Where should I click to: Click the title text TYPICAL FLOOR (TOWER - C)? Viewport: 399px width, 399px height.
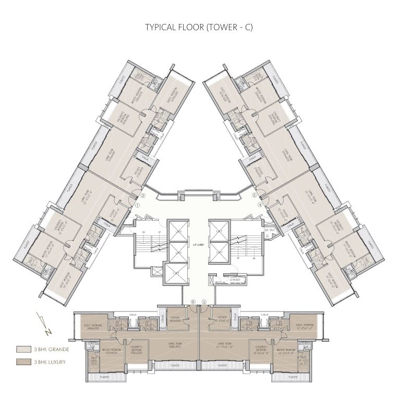tap(199, 28)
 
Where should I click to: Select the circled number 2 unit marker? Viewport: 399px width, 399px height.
tap(143, 196)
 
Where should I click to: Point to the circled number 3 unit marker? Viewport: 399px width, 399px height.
tap(255, 195)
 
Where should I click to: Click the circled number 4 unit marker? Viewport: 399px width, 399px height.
tap(260, 205)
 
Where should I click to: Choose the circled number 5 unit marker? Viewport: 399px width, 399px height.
tap(204, 302)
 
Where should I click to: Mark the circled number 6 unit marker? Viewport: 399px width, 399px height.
tap(193, 302)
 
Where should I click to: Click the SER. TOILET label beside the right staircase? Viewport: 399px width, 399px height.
tap(270, 230)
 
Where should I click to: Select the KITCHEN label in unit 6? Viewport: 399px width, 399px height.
tap(174, 320)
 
